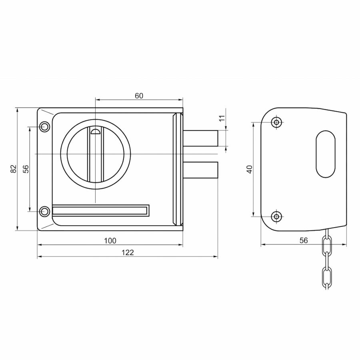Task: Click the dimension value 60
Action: pyautogui.click(x=139, y=96)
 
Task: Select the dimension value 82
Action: pyautogui.click(x=14, y=169)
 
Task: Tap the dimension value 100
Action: pyautogui.click(x=110, y=241)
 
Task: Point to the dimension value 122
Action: pyautogui.click(x=128, y=252)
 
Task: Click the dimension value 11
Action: pyautogui.click(x=222, y=118)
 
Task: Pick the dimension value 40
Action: pyautogui.click(x=250, y=169)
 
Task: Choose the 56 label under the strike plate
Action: pyautogui.click(x=304, y=240)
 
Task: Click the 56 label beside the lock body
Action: pyautogui.click(x=26, y=169)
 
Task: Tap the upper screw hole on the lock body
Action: pyautogui.click(x=44, y=126)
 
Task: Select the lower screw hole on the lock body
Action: pyautogui.click(x=44, y=211)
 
